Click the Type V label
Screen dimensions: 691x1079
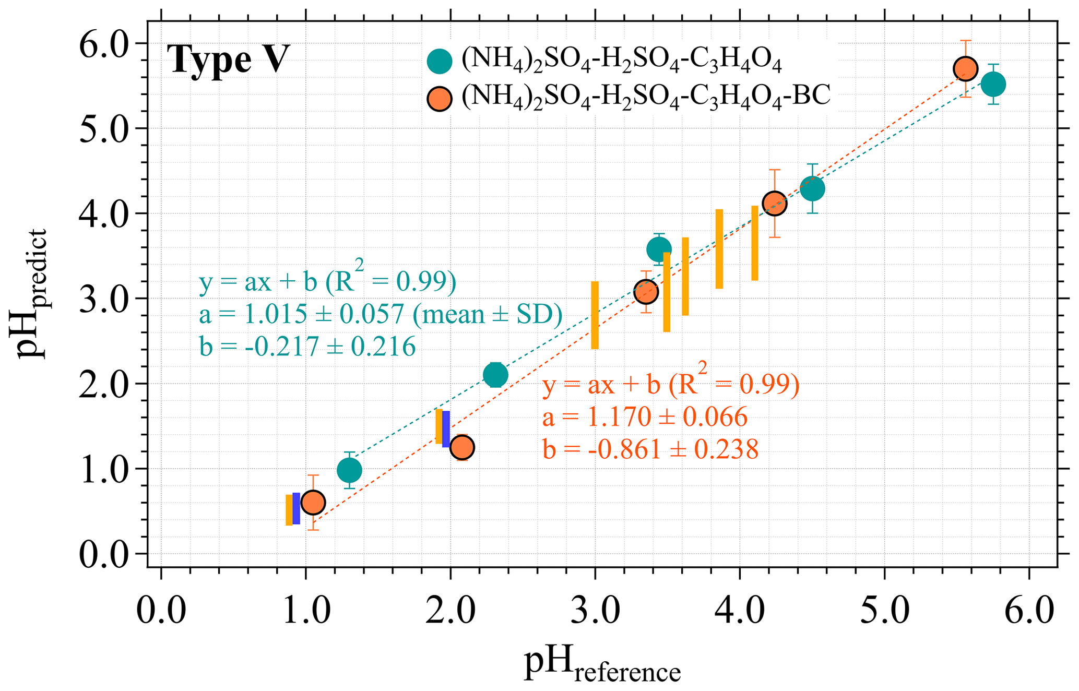click(228, 60)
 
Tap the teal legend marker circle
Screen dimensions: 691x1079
click(439, 61)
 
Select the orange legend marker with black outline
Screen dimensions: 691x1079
click(439, 99)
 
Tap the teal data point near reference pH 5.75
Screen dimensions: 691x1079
click(993, 84)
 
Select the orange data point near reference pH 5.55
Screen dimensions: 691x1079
click(965, 68)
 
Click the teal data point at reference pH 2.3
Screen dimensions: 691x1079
click(495, 375)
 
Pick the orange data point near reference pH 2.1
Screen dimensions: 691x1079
click(462, 447)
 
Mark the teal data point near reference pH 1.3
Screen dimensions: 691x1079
click(349, 471)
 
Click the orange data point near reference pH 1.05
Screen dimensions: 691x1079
click(313, 503)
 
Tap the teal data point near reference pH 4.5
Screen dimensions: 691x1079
click(812, 188)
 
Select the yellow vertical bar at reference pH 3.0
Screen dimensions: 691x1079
click(595, 315)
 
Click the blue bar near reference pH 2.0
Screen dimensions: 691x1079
click(446, 429)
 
